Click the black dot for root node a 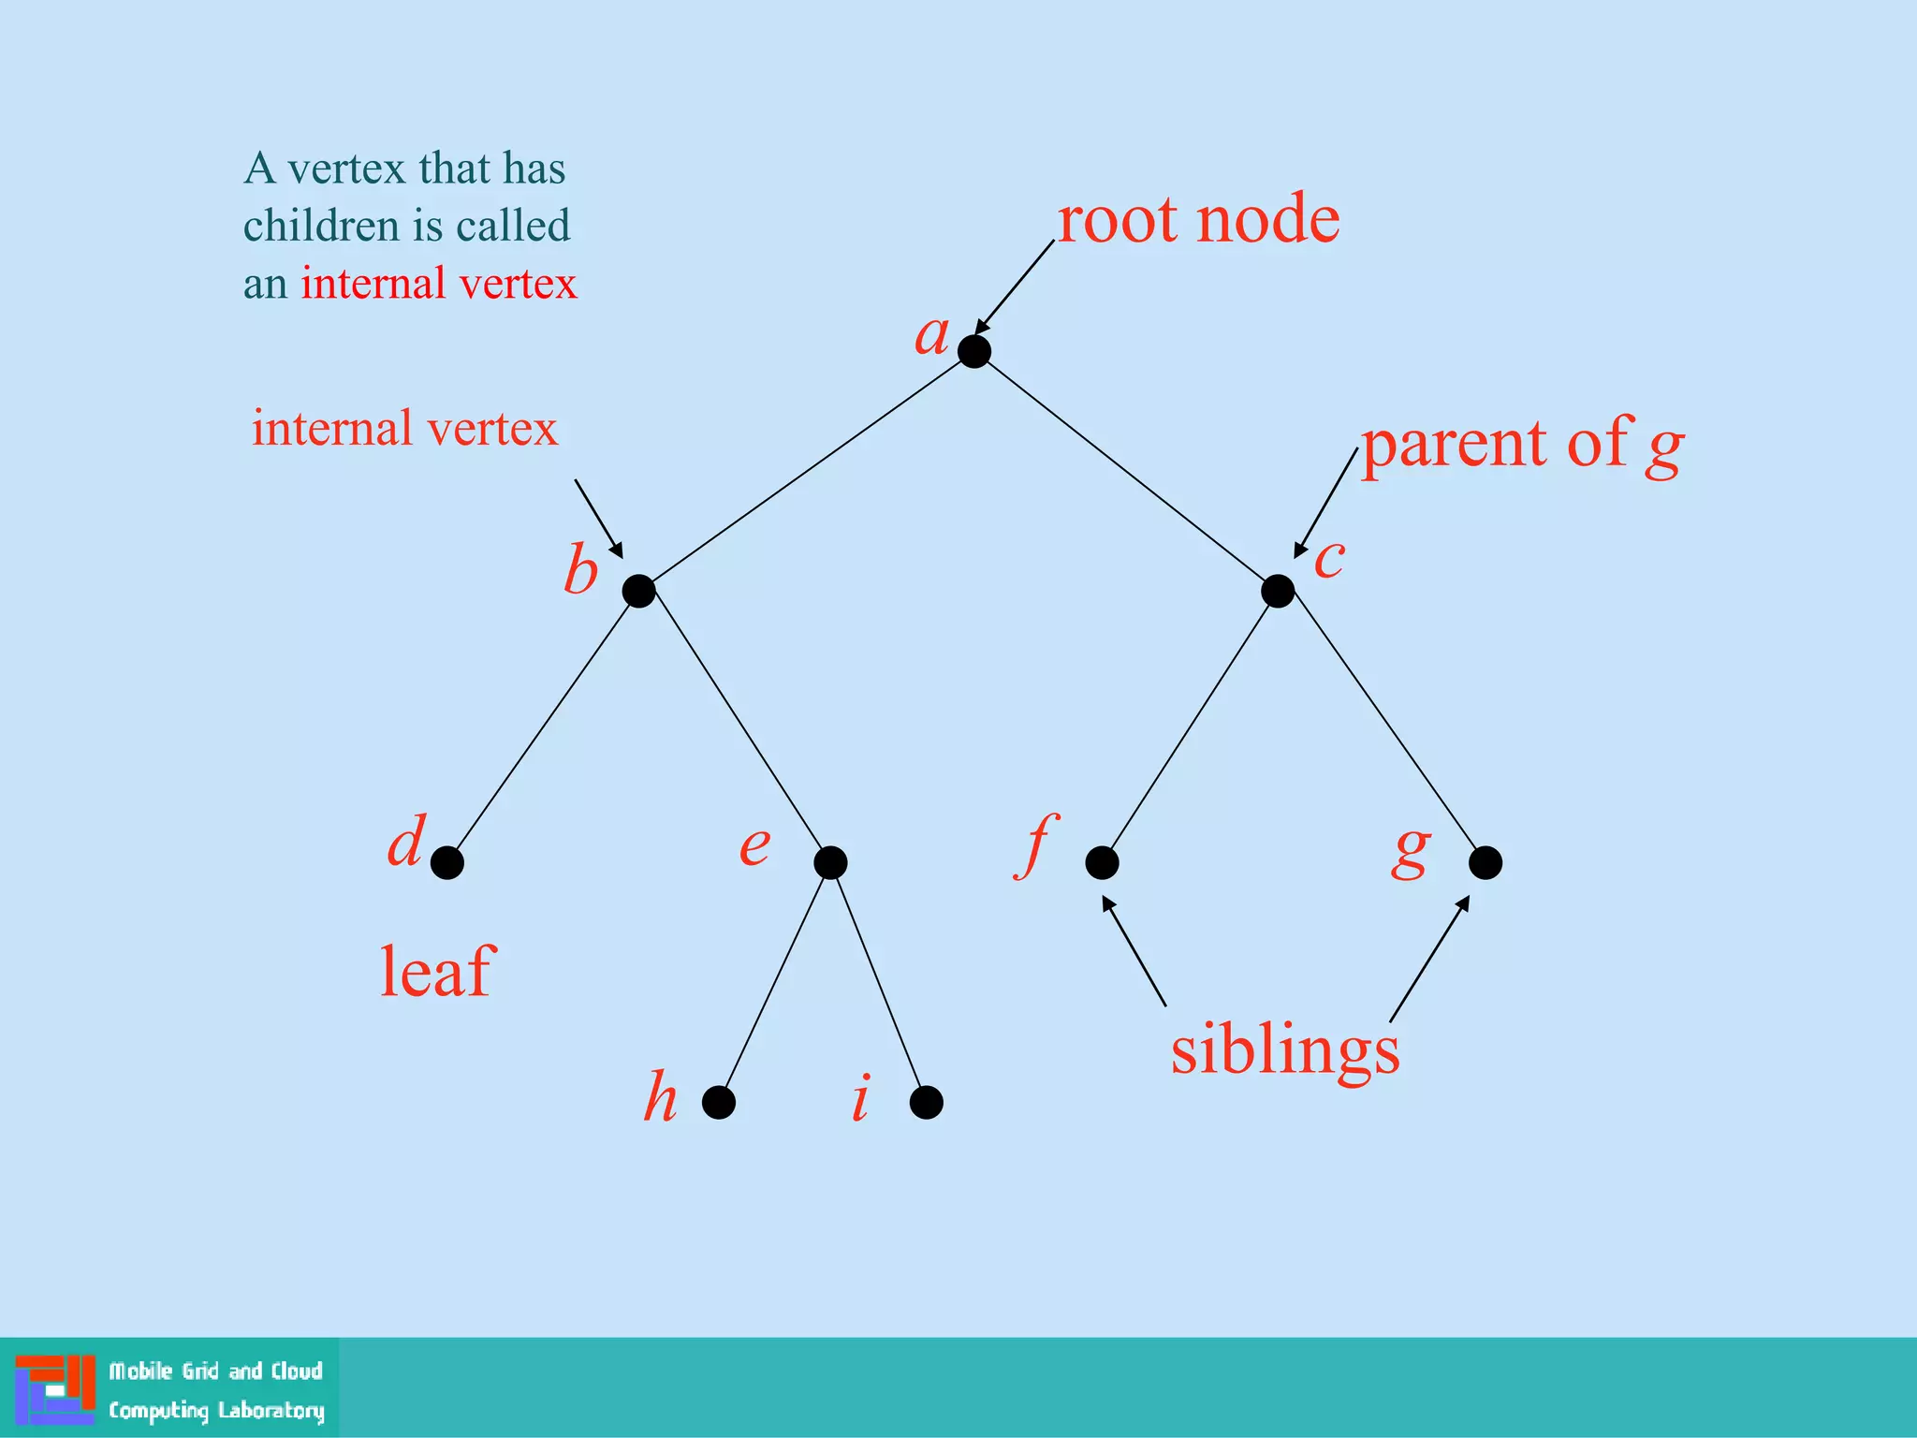(974, 351)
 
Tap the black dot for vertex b (638, 591)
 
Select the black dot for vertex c (1278, 591)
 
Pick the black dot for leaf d (447, 862)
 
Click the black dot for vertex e (830, 862)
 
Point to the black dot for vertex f (1102, 862)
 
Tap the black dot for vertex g (1485, 862)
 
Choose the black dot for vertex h (718, 1102)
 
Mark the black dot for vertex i (926, 1102)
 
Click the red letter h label (660, 1096)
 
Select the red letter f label (1036, 845)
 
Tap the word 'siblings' (1285, 1051)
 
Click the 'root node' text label (1198, 220)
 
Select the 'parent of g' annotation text (1521, 445)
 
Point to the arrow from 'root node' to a (1015, 286)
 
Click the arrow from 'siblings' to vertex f (1134, 951)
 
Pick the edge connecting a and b (806, 472)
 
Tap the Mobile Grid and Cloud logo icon (54, 1388)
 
